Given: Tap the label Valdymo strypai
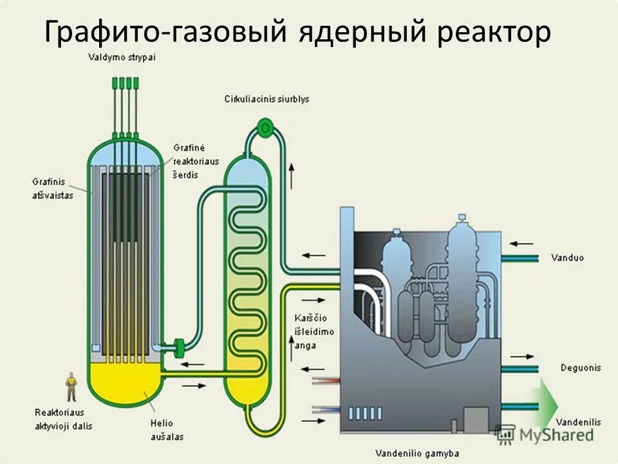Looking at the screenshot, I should tap(122, 57).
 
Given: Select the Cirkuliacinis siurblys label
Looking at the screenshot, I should tap(267, 99).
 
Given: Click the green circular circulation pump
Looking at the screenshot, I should tap(263, 127).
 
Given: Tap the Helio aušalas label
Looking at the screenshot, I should tap(167, 430).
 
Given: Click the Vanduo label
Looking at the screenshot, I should tap(567, 258).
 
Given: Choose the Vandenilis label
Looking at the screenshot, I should tap(577, 421).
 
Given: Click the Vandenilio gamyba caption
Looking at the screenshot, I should tap(418, 454).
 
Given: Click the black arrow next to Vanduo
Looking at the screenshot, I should tap(523, 244).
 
